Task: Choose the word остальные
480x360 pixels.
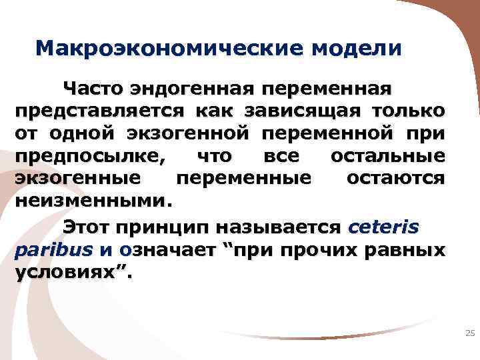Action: click(x=388, y=155)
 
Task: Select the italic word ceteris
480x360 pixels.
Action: click(x=384, y=228)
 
